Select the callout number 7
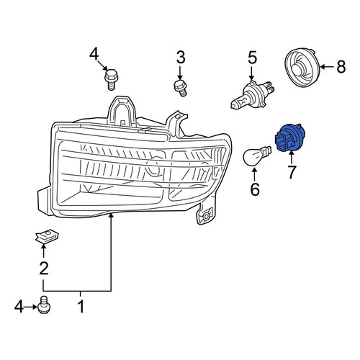[292, 172]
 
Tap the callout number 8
[341, 66]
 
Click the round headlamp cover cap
[302, 68]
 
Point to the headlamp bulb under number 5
[252, 94]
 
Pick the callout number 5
[252, 58]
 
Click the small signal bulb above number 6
[256, 156]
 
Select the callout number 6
[255, 189]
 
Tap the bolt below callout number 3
[180, 88]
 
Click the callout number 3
[181, 58]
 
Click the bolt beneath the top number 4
[111, 79]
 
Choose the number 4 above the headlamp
[94, 54]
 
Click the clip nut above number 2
[47, 237]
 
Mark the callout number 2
[44, 268]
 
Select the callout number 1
[81, 306]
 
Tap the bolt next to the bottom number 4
[44, 305]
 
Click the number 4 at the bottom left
[19, 306]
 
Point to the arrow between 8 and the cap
[328, 67]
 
